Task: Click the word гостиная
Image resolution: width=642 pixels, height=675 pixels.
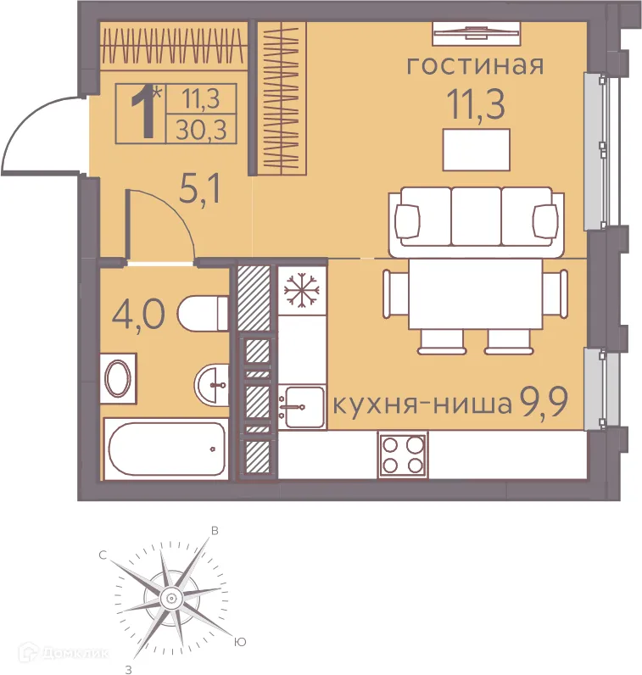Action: coord(474,66)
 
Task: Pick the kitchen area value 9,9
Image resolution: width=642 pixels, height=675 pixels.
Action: coord(549,403)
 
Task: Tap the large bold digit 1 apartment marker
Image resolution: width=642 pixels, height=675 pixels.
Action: coord(145,114)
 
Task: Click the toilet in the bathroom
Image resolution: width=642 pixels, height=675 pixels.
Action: coord(203,313)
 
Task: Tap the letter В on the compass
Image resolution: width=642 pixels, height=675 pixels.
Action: coord(215,531)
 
